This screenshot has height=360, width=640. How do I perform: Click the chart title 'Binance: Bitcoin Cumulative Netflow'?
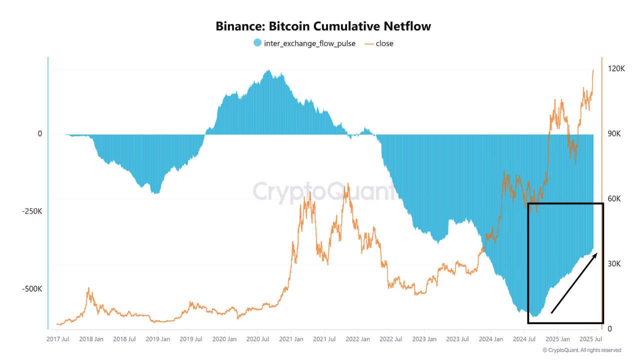(x=323, y=26)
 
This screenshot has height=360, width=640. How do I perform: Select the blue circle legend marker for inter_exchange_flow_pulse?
(x=257, y=43)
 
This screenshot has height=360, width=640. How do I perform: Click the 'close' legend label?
(x=384, y=43)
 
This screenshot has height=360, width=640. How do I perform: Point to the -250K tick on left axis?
(x=32, y=211)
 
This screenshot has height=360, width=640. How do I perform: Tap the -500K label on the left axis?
(x=32, y=289)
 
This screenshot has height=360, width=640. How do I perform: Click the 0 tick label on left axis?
(x=39, y=134)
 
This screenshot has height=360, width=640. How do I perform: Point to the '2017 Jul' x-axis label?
(x=57, y=339)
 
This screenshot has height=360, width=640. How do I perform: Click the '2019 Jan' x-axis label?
(x=157, y=339)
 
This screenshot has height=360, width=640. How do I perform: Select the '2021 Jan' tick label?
(x=290, y=339)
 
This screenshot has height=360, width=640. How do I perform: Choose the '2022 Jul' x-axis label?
(x=390, y=339)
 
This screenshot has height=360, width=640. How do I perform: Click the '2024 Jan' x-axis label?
(x=490, y=339)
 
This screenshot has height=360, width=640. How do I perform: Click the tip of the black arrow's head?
(x=597, y=253)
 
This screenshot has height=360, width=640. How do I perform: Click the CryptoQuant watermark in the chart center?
(x=324, y=191)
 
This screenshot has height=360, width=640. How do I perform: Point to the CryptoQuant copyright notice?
(x=581, y=350)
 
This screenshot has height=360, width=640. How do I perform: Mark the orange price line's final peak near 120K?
(x=593, y=70)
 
